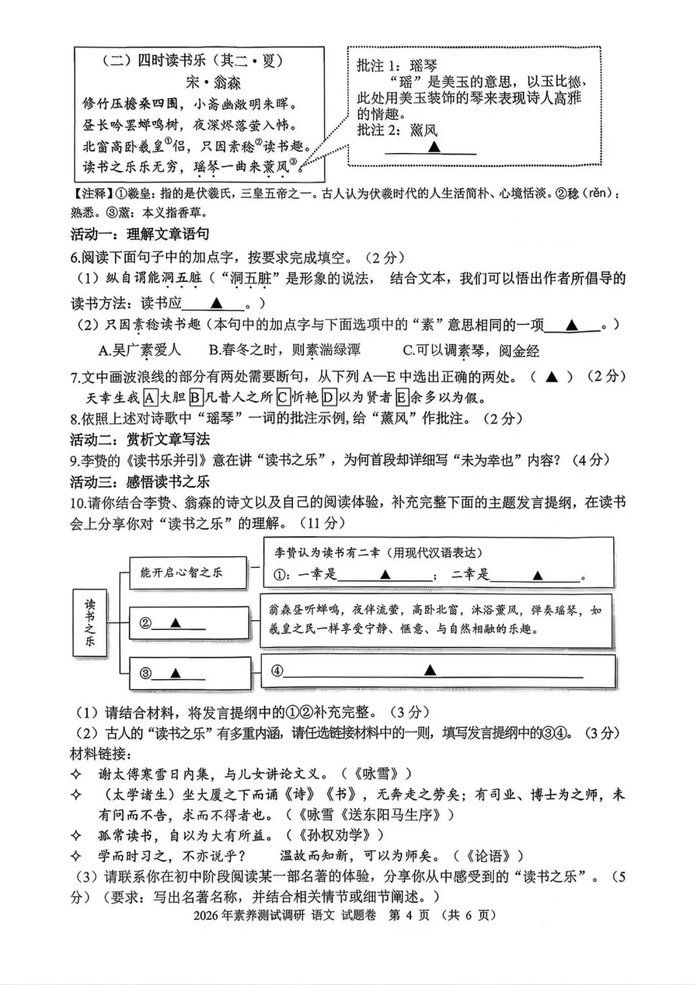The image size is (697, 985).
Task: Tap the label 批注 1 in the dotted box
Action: (x=379, y=66)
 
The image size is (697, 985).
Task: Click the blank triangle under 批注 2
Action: (x=434, y=147)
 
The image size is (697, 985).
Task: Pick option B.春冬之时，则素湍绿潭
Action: (x=285, y=350)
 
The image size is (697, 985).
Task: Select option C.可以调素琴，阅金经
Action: (x=470, y=350)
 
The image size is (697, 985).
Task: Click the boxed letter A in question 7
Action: (x=150, y=396)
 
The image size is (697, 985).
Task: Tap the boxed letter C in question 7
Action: (x=283, y=396)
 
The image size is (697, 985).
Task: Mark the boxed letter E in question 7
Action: (x=402, y=396)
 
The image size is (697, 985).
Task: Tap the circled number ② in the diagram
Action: (x=146, y=623)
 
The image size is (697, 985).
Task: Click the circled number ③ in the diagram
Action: (x=146, y=673)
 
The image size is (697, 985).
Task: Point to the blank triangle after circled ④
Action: (x=430, y=671)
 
